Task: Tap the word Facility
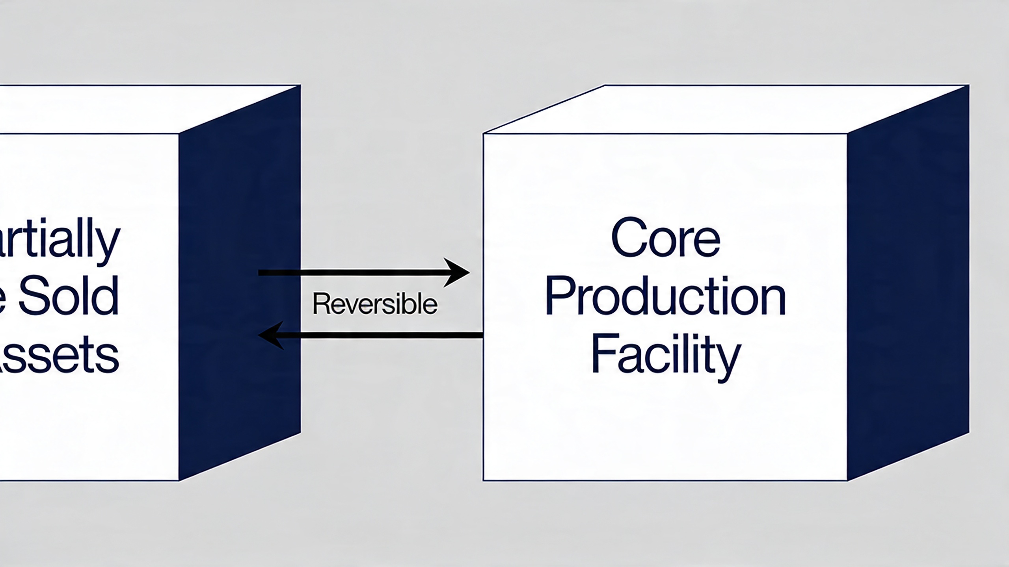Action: (666, 354)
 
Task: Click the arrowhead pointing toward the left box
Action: (271, 335)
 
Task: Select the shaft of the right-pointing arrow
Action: (355, 272)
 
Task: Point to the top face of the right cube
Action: (725, 109)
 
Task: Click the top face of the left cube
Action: (150, 109)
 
